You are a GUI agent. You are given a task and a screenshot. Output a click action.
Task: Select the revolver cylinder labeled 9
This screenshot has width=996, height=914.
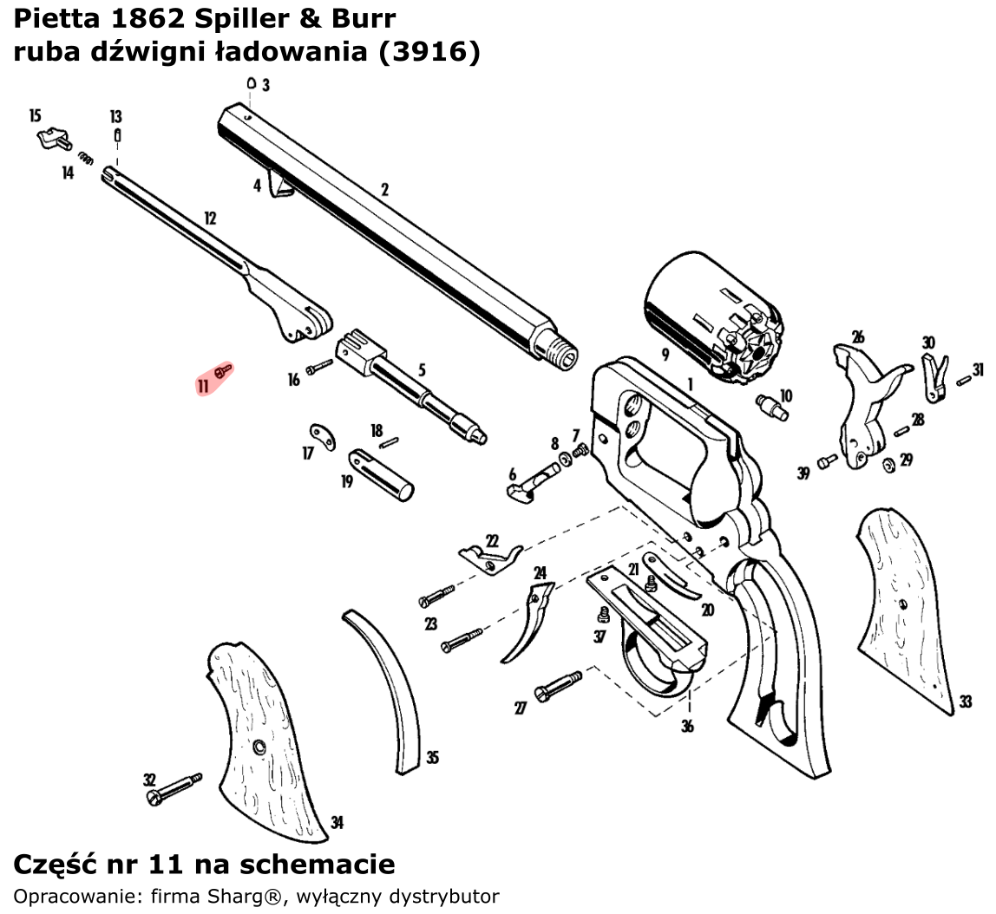[x=711, y=317]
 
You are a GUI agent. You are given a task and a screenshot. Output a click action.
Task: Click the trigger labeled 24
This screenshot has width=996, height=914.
[x=529, y=624]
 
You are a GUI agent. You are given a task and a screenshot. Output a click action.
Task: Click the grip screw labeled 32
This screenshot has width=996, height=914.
[x=174, y=788]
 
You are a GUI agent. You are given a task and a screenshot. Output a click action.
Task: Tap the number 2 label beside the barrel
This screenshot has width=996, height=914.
[x=384, y=190]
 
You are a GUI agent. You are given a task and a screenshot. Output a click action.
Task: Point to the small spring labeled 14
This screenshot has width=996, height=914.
[x=85, y=158]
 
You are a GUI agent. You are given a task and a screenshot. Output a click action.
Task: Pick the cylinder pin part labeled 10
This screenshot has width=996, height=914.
[x=771, y=406]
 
